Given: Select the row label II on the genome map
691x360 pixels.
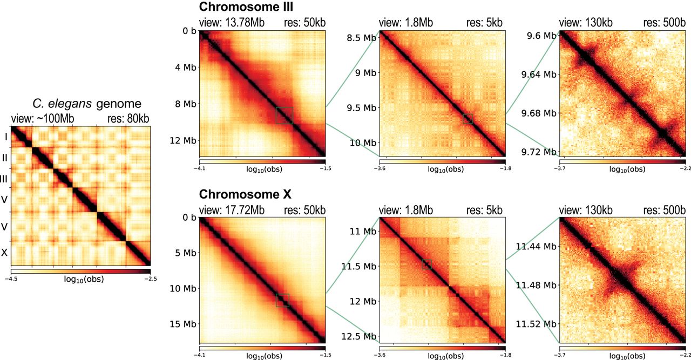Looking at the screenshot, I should (5, 157).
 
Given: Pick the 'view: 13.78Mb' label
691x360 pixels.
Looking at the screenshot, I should (227, 22).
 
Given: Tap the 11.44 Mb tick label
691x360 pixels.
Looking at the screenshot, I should (534, 246).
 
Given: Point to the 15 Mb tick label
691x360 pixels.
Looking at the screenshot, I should (181, 324).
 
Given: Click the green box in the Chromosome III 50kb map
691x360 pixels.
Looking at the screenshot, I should (284, 116).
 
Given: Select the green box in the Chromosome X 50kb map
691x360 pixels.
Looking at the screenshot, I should (282, 300).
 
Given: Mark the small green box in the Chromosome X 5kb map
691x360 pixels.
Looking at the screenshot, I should (427, 264).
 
